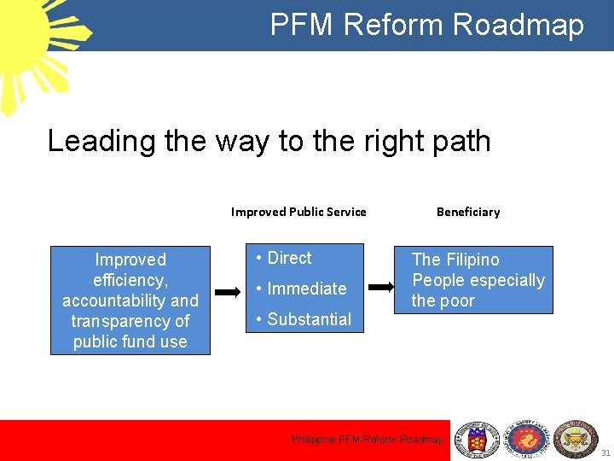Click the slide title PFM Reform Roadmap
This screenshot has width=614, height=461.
(426, 25)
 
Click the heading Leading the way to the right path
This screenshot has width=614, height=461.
(269, 141)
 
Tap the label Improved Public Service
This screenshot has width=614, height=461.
(298, 212)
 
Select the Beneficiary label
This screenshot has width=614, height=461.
(468, 212)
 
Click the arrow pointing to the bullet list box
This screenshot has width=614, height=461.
(228, 292)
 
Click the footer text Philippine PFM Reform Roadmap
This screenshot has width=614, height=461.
(368, 440)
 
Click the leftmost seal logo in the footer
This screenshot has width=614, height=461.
(477, 440)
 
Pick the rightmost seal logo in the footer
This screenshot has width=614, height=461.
(576, 440)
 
